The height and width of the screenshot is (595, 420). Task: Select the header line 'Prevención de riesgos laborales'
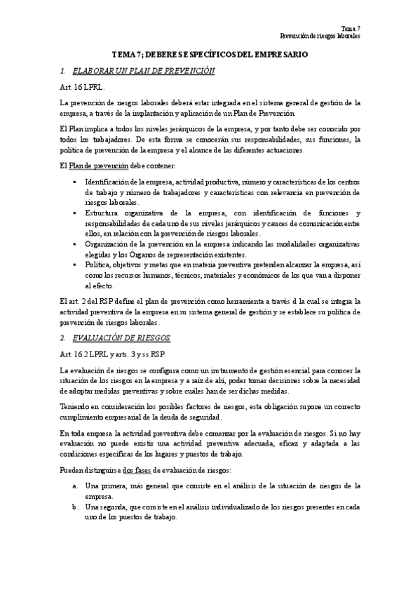(x=320, y=34)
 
